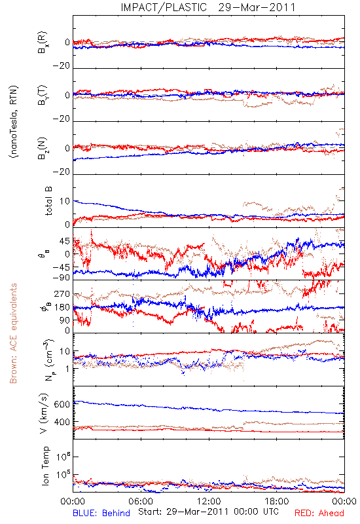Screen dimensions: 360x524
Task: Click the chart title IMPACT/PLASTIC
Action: pos(164,7)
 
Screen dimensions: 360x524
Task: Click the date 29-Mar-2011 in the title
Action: pos(257,7)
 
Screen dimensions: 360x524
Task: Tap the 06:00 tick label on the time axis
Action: pos(141,501)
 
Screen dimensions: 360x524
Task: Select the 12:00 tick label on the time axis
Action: pos(209,501)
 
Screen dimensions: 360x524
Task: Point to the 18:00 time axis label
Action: pos(277,501)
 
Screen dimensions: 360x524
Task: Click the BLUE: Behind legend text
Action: pos(101,513)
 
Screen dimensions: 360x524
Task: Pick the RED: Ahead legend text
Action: pos(319,513)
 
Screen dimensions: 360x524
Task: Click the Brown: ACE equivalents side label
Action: pos(13,333)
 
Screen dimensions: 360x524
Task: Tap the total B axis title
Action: pos(48,201)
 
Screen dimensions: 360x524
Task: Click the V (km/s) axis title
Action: pos(44,413)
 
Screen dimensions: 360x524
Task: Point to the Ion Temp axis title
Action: pos(45,466)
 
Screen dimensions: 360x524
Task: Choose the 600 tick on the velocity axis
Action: pos(62,404)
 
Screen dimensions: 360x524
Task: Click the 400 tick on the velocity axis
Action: pos(62,422)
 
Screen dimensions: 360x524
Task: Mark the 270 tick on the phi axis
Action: pos(62,294)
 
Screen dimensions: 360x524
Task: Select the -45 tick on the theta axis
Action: pos(61,267)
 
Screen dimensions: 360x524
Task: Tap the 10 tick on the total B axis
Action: pos(65,201)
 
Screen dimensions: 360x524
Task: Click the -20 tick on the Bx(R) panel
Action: pos(61,66)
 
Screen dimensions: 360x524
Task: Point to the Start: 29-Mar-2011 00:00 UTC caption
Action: pos(208,512)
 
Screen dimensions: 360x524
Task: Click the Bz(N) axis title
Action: pos(43,148)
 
